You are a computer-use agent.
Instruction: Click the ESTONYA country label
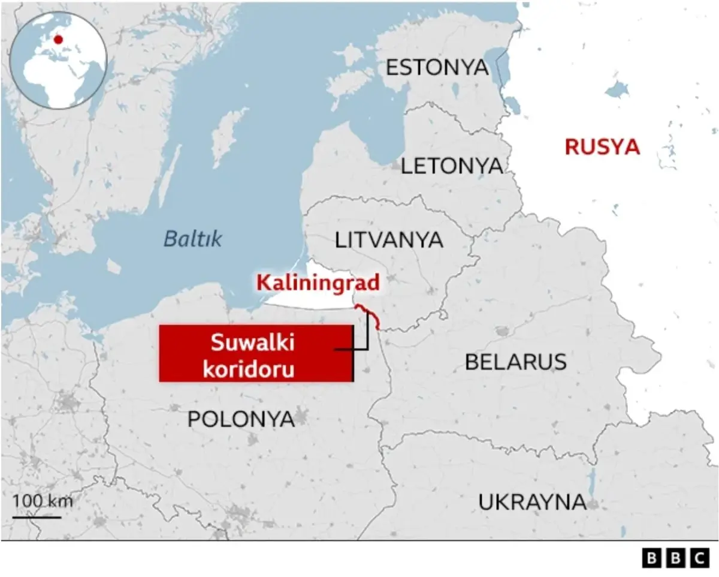pyautogui.click(x=437, y=67)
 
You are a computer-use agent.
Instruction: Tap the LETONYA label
pyautogui.click(x=452, y=166)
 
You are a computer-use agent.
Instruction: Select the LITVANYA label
pyautogui.click(x=389, y=240)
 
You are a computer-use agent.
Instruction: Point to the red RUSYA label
pyautogui.click(x=602, y=147)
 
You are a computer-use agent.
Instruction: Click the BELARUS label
pyautogui.click(x=515, y=362)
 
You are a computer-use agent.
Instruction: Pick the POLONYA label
pyautogui.click(x=241, y=419)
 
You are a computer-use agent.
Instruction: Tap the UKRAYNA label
pyautogui.click(x=532, y=502)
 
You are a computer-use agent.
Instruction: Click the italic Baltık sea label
pyautogui.click(x=193, y=239)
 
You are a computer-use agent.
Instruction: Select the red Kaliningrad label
pyautogui.click(x=318, y=283)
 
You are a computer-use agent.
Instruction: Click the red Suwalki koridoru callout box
pyautogui.click(x=256, y=353)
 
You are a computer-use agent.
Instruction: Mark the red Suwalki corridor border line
pyautogui.click(x=370, y=316)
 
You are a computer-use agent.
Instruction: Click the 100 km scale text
pyautogui.click(x=43, y=500)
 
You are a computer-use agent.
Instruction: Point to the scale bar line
pyautogui.click(x=37, y=516)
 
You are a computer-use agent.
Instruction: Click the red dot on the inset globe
pyautogui.click(x=58, y=40)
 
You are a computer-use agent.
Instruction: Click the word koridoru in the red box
pyautogui.click(x=249, y=368)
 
